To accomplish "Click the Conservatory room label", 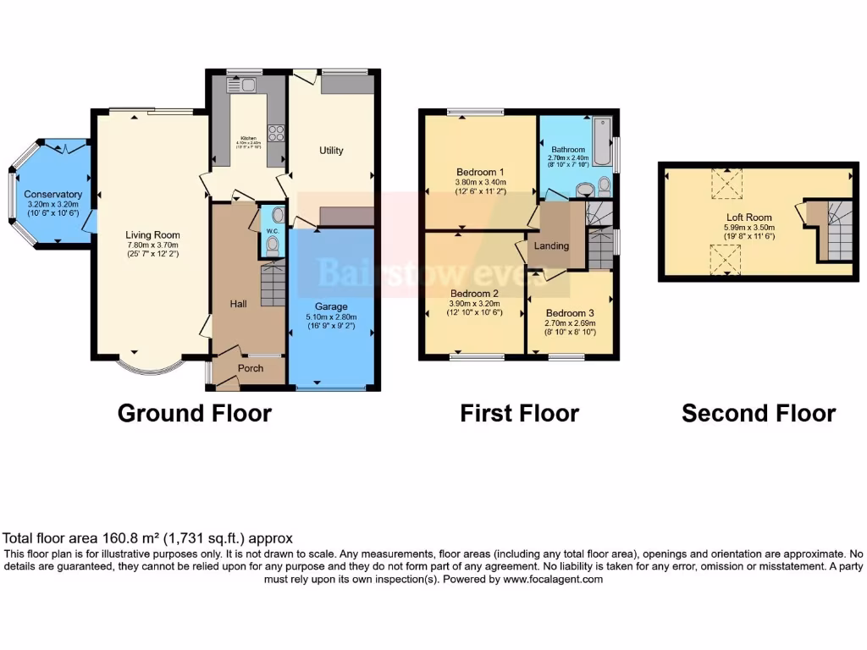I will pos(52,195).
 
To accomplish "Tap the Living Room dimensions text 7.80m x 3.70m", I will pos(152,245).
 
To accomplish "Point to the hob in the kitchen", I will pos(275,132).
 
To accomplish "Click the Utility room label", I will pos(331,151).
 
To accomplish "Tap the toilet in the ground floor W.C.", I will pos(272,245).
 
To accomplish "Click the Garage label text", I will pos(331,306).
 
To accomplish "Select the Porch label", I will pos(251,368).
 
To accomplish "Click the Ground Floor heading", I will pos(194,413).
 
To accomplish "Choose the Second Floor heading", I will pos(759,413).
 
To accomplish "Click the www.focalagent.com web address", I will pos(553,580).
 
